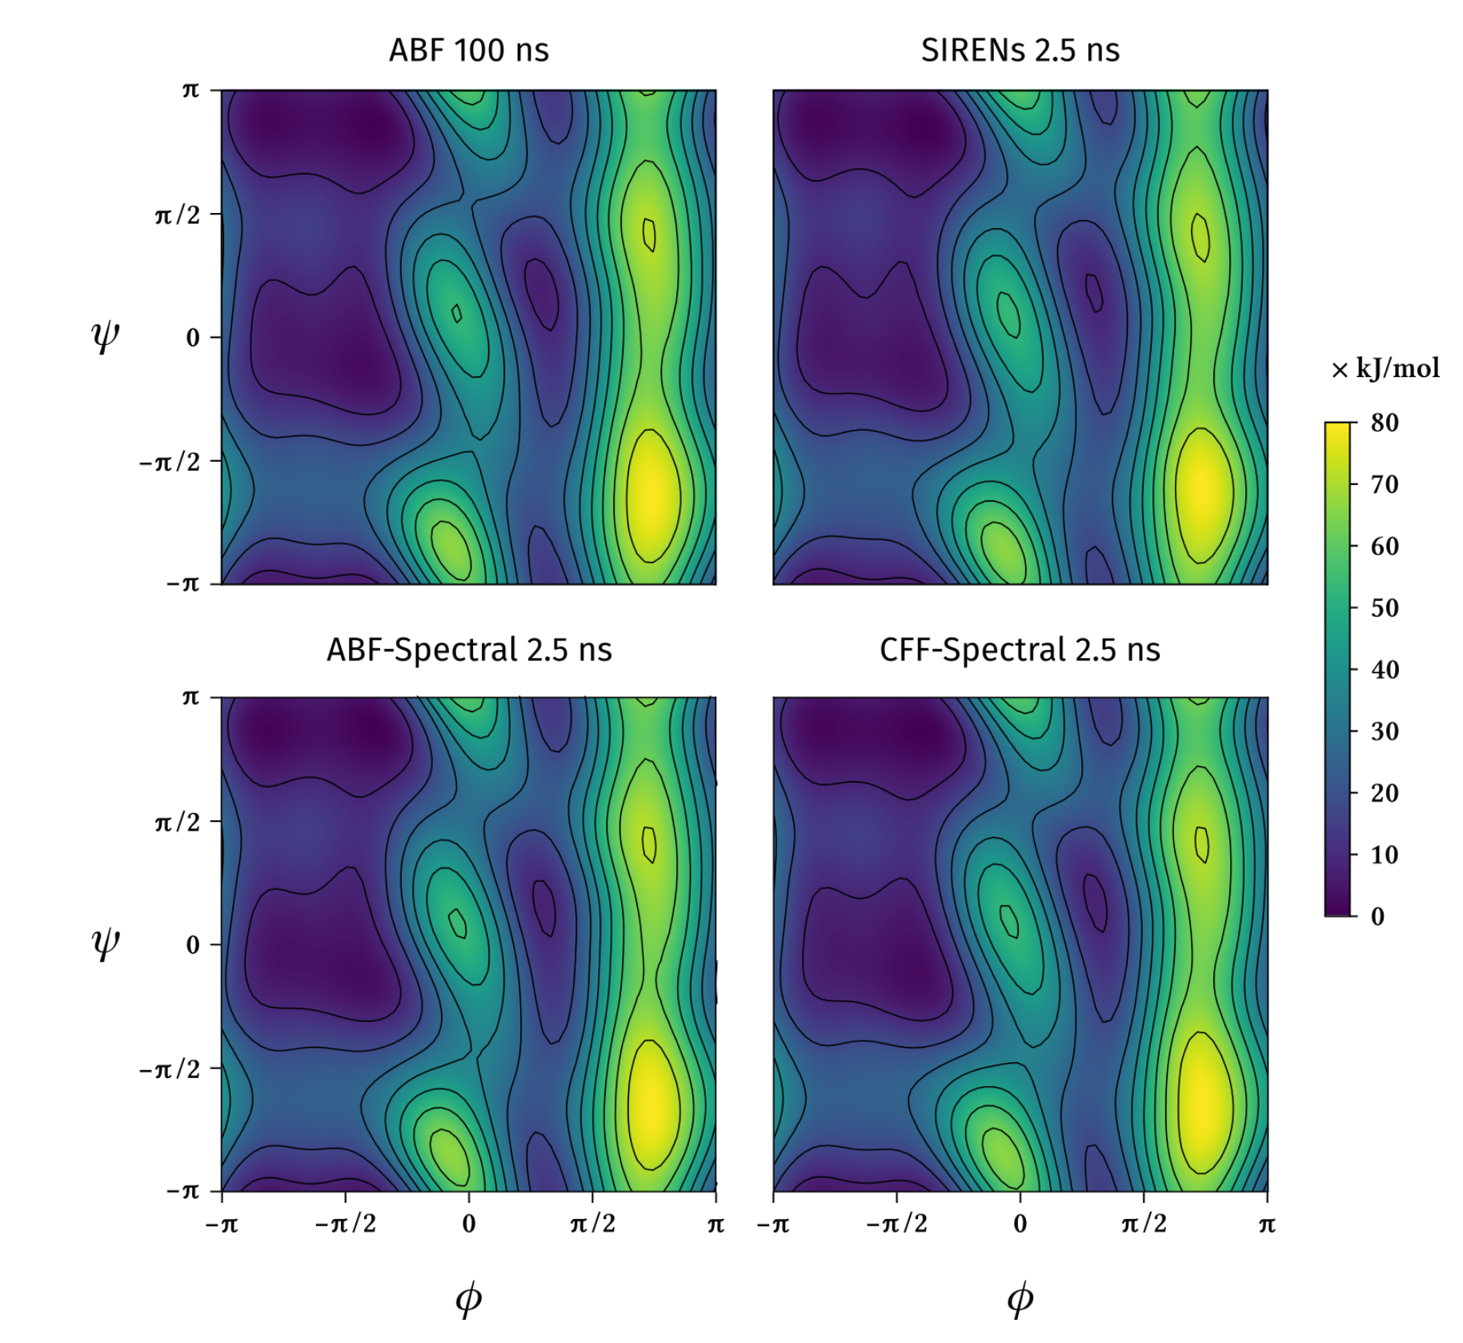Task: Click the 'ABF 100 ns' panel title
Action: click(468, 50)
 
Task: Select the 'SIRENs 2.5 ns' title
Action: click(1020, 50)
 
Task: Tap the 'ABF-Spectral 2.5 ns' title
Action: click(468, 650)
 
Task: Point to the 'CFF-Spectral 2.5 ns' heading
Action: click(1020, 650)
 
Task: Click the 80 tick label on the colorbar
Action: click(1385, 423)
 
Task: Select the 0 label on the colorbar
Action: click(1377, 916)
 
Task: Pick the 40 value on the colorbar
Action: click(1385, 670)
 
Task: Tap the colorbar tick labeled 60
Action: click(1385, 547)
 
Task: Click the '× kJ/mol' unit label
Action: click(1385, 369)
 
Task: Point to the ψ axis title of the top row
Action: click(106, 336)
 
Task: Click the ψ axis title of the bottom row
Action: click(106, 944)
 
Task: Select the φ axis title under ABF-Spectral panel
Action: click(468, 1298)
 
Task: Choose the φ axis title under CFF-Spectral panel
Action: click(1020, 1298)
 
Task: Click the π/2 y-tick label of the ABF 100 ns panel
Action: click(177, 214)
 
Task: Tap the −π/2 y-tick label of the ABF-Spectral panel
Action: click(169, 1069)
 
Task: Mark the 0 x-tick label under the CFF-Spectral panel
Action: click(1020, 1224)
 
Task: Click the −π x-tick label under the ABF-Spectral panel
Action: click(222, 1225)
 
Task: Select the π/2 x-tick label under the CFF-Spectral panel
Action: click(1144, 1224)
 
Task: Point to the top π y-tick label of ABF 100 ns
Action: click(190, 90)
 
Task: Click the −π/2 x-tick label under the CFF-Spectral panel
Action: click(896, 1224)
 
